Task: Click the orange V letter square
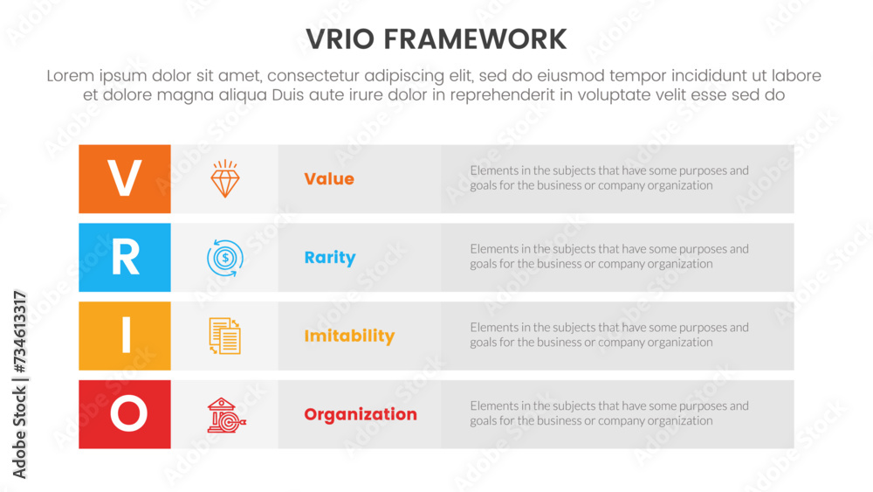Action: pos(125,179)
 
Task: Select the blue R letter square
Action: pos(125,258)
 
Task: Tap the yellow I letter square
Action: pos(125,336)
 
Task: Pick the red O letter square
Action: pos(125,414)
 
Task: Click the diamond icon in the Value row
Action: pos(225,179)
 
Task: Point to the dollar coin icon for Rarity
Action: pos(225,258)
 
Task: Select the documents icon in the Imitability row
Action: pos(225,336)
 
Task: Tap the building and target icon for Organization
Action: pos(226,415)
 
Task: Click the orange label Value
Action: pos(329,179)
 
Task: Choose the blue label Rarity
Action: pos(330,258)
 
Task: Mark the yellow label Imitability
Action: pos(349,336)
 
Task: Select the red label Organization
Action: pos(361,414)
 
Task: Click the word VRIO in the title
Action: pos(340,39)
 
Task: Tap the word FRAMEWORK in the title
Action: pos(475,39)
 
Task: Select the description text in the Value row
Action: pos(609,177)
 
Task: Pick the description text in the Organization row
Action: pos(609,413)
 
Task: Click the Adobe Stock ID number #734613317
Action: pos(20,332)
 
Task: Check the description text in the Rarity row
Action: pos(609,256)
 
